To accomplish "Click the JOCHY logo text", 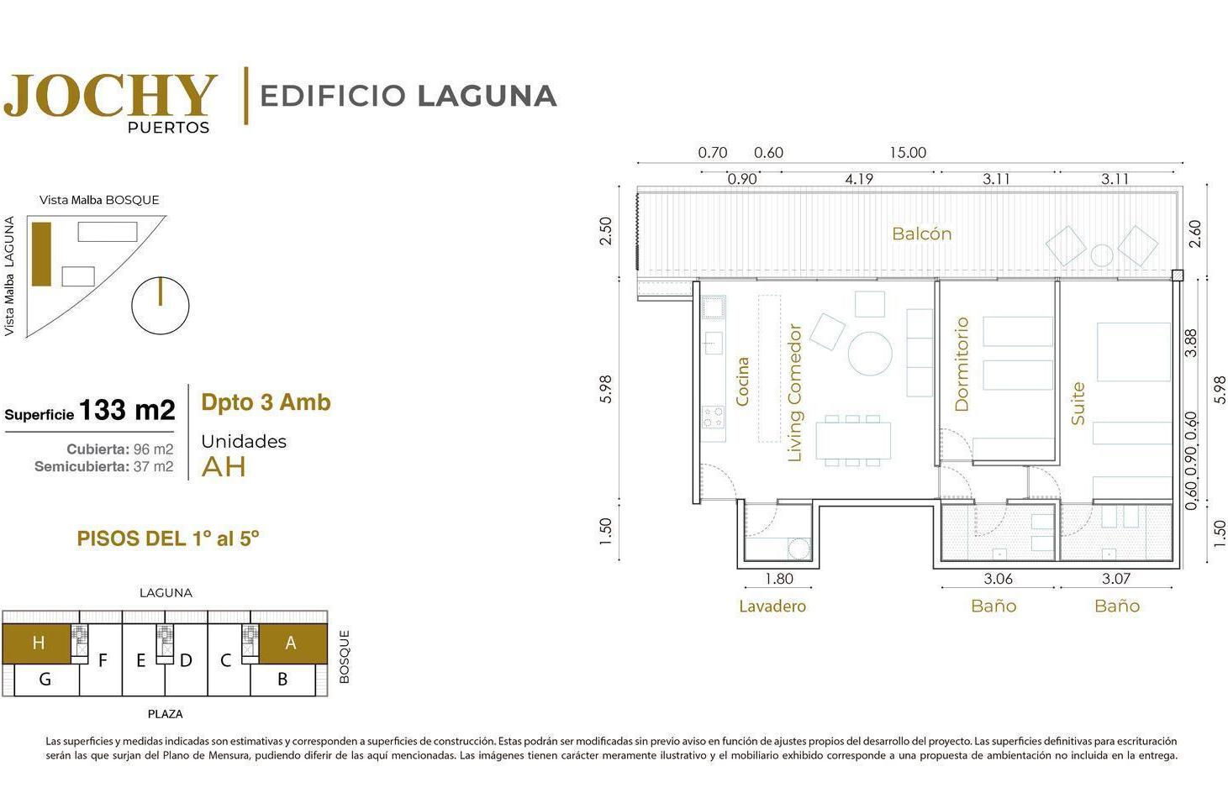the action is pos(110,95).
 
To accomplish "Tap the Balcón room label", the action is pos(921,234).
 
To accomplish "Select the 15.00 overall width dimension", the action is pos(908,152).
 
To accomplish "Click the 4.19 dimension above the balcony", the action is pos(859,179).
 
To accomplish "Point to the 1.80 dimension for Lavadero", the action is pos(779,579).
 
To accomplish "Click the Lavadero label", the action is pos(772,606).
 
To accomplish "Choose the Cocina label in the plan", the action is pos(742,381).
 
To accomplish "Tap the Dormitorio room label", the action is pos(962,365).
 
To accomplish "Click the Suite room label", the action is pos(1078,404).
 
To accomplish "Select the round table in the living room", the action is pos(870,354).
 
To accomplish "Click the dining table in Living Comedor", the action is pos(853,440).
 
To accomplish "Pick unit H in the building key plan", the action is pos(39,643).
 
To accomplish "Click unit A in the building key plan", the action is pos(291,643).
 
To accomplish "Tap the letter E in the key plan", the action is pos(141,660).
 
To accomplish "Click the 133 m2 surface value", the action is pos(127,410).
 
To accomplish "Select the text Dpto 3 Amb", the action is pos(266,402).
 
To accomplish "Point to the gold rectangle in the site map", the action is pos(42,255).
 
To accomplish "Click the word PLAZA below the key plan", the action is pos(165,714).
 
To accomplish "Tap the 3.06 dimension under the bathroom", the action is pos(999,579).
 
